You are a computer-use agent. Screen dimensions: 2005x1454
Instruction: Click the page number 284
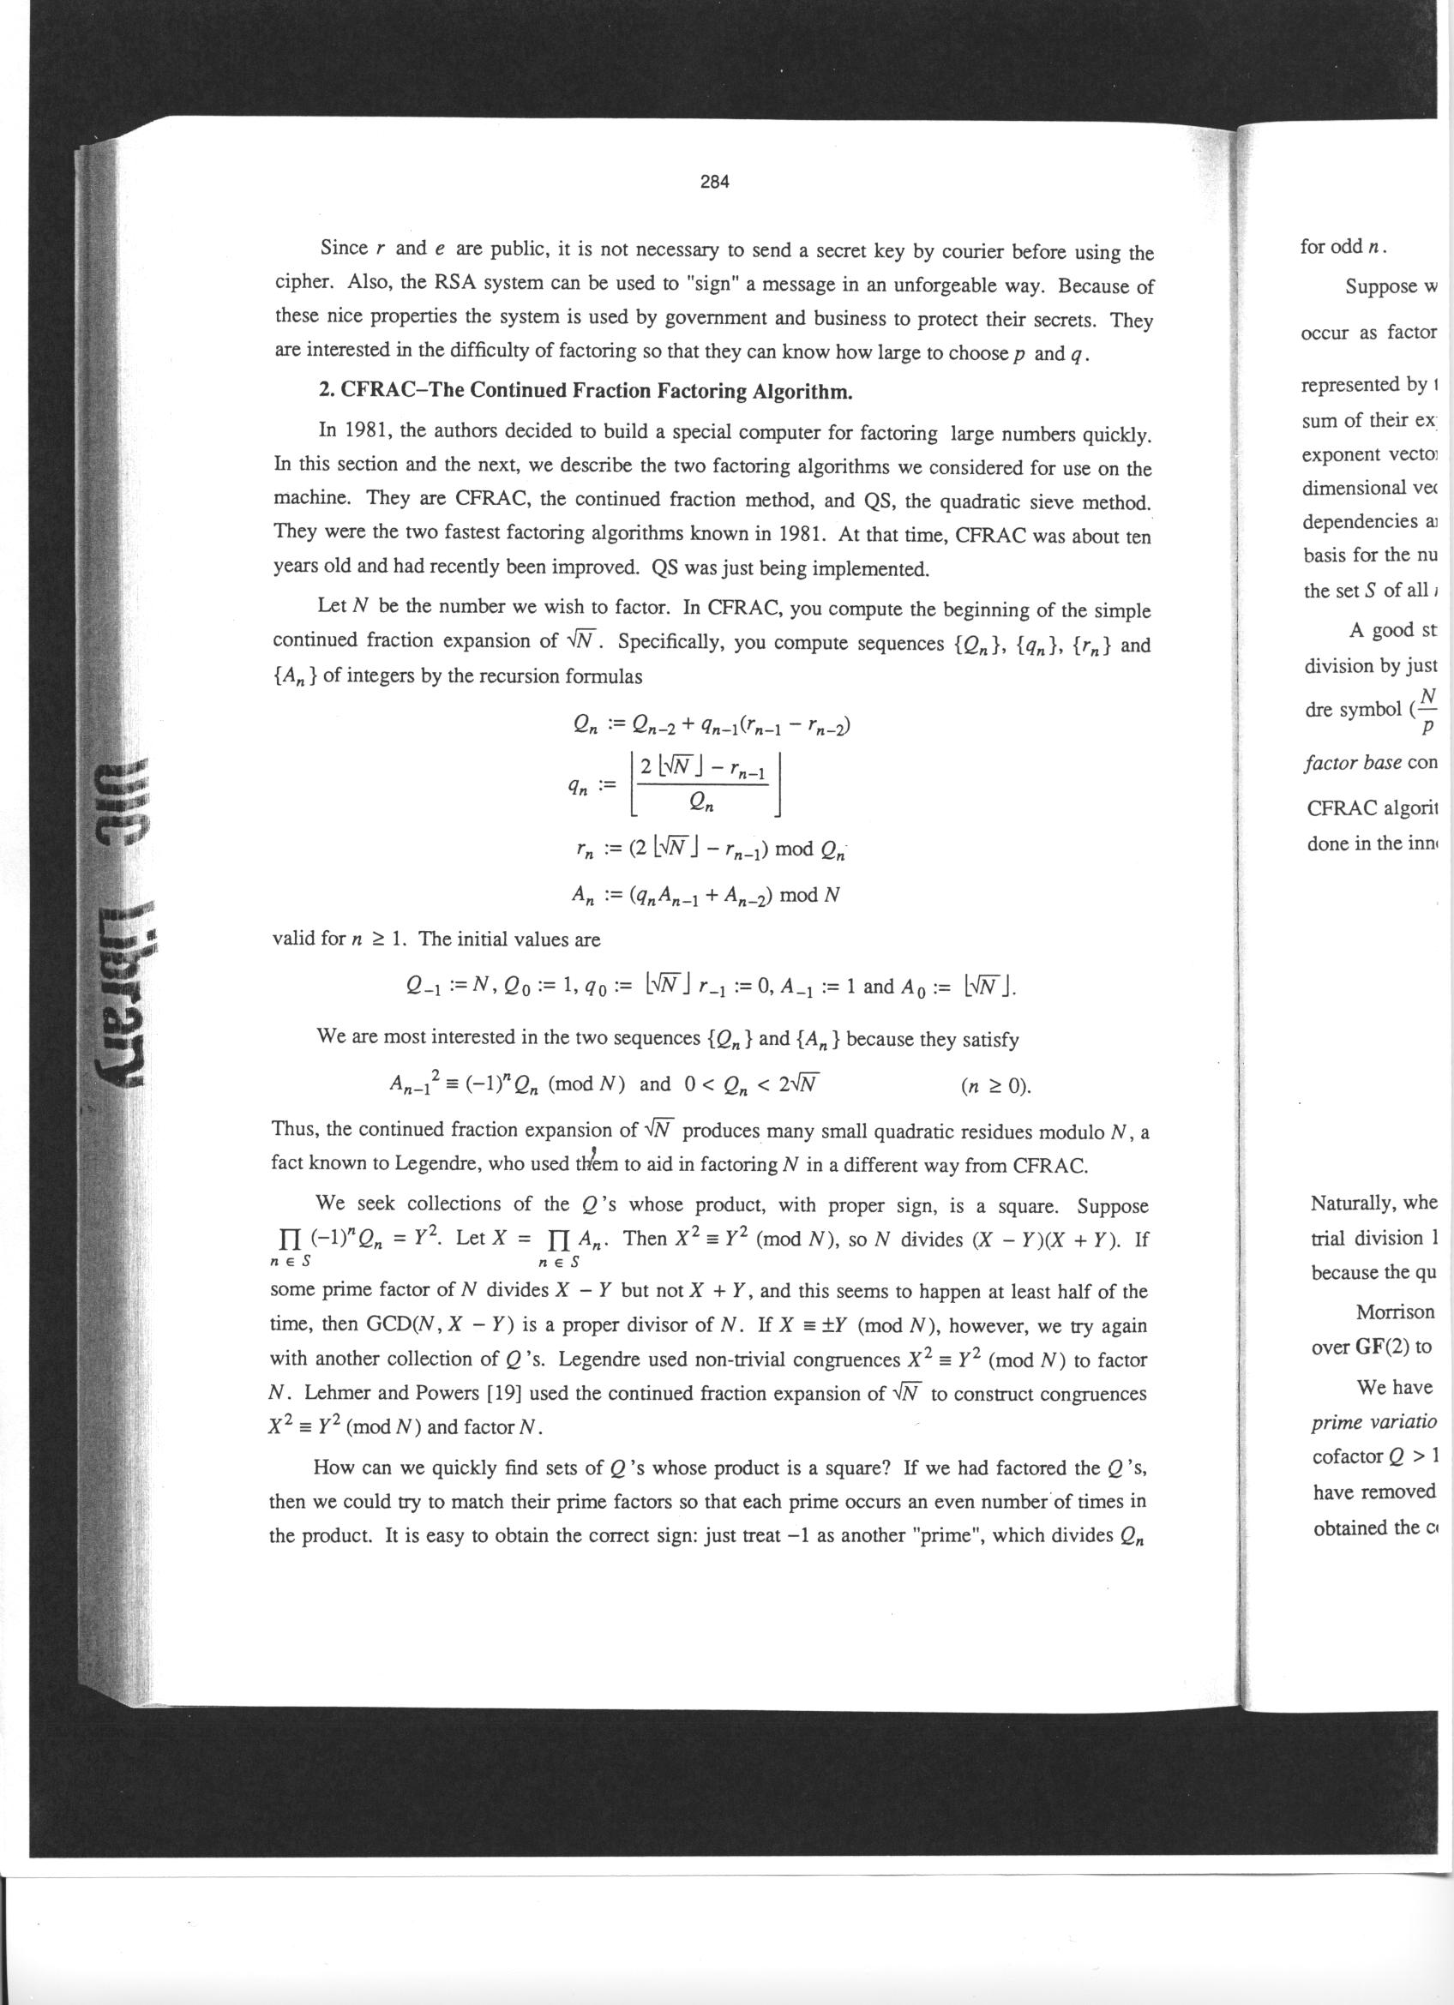[x=714, y=182]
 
